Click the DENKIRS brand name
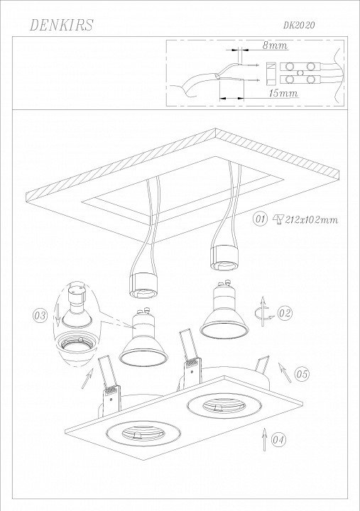click(61, 25)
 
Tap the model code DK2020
click(299, 26)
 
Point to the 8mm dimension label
click(276, 45)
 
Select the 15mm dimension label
click(283, 93)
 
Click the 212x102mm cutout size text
click(312, 219)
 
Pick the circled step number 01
click(260, 219)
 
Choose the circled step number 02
click(285, 313)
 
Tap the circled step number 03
click(40, 315)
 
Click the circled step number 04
click(278, 440)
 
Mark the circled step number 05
click(302, 374)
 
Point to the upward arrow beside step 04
click(264, 439)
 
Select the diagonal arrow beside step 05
click(284, 372)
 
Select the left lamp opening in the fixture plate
click(143, 434)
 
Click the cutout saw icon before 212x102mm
click(278, 219)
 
